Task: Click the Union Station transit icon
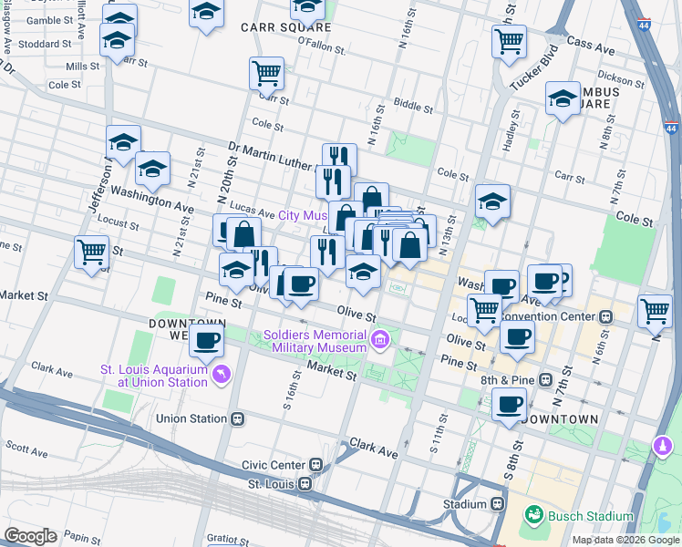tap(238, 419)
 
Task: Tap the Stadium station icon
tap(498, 504)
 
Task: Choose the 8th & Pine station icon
tap(545, 378)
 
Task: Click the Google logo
tap(30, 536)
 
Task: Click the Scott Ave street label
tap(26, 450)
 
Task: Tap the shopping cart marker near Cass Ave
tap(509, 40)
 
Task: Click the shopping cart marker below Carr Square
tap(266, 72)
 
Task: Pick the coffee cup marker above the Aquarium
tap(207, 341)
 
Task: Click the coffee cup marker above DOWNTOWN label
tap(509, 402)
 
